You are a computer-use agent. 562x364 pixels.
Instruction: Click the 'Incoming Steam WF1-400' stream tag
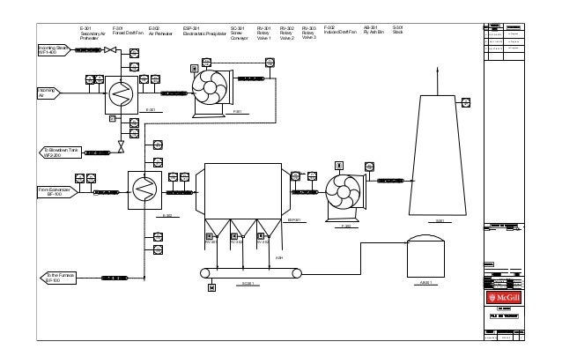[x=52, y=50]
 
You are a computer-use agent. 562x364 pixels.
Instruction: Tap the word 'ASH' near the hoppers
[x=277, y=257]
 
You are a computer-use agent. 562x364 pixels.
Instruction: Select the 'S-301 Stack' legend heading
[x=398, y=31]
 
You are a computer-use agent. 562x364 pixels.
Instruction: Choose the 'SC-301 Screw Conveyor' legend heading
[x=239, y=33]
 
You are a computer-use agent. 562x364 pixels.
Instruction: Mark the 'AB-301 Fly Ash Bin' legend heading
[x=372, y=31]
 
